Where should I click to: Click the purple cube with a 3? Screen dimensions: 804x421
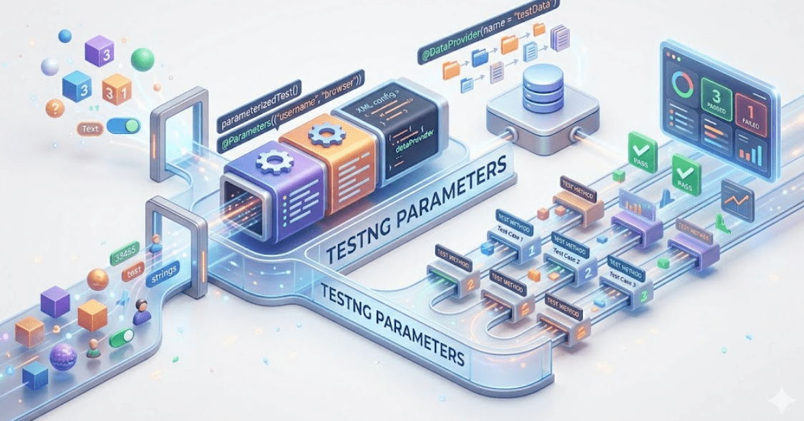click(99, 50)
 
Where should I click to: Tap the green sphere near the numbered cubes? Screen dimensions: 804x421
click(143, 59)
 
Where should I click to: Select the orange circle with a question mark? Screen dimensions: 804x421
click(55, 108)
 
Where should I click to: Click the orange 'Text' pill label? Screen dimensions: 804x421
click(91, 130)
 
